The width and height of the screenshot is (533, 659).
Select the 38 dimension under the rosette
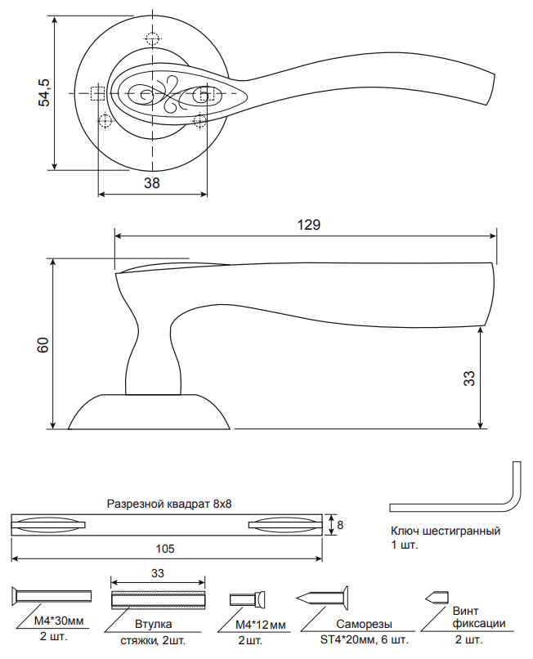(x=151, y=183)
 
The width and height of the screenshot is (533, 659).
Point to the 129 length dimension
(x=308, y=224)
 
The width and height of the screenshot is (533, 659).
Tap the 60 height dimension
(x=44, y=343)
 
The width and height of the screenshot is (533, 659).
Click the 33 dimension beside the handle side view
(x=468, y=378)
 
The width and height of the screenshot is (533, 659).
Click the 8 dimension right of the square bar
(x=340, y=524)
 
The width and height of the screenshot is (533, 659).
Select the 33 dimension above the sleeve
(x=158, y=574)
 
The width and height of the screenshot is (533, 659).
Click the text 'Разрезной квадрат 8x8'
(x=170, y=504)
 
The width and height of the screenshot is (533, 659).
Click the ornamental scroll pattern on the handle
(x=168, y=94)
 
